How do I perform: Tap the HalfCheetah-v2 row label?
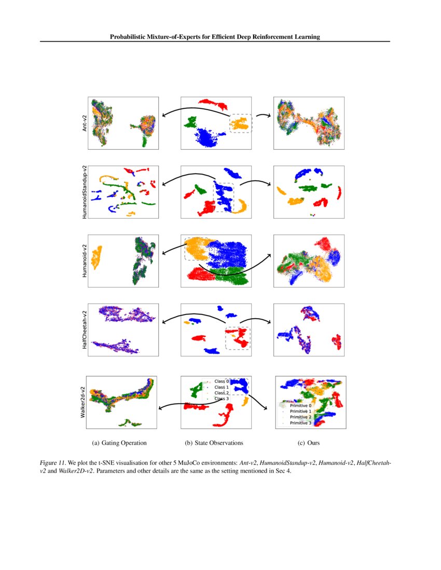coord(84,330)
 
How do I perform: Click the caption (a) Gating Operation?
coord(119,443)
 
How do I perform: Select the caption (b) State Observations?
coord(214,443)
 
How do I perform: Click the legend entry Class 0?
coord(222,381)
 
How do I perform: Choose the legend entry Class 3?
coord(222,399)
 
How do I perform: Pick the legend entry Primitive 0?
coord(300,406)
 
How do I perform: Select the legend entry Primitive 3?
coord(300,423)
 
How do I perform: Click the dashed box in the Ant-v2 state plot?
coord(241,123)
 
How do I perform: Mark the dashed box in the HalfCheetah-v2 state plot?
coord(238,338)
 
